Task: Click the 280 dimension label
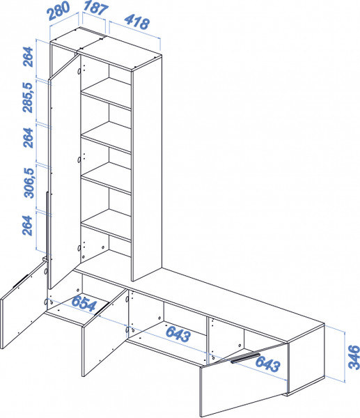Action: [x=58, y=10]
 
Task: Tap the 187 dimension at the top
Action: [x=95, y=8]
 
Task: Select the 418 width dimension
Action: [x=136, y=22]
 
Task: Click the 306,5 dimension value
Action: [x=29, y=183]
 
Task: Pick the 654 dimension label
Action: [x=84, y=303]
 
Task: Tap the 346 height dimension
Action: [x=354, y=357]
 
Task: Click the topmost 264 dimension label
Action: [x=28, y=57]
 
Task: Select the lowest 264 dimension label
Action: [x=27, y=226]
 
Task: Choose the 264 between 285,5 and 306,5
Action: [x=28, y=138]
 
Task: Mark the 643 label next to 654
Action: [x=178, y=334]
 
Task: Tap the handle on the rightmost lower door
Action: [x=245, y=358]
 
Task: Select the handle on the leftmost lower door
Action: [x=21, y=280]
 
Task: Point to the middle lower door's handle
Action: [x=102, y=309]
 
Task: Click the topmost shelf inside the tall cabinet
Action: [x=106, y=93]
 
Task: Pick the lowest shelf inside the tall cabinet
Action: [x=106, y=225]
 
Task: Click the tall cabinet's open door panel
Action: [x=64, y=171]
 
